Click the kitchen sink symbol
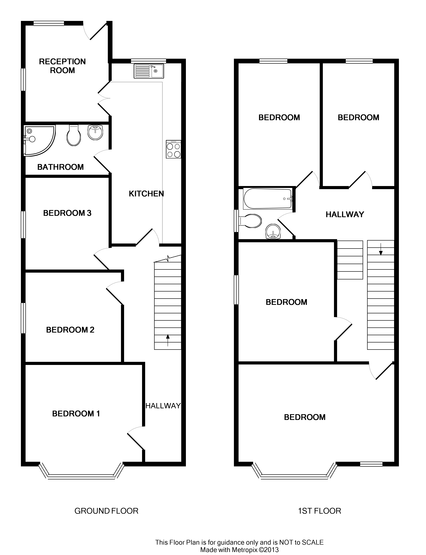(x=149, y=71)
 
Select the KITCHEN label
(x=146, y=194)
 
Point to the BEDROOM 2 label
(x=70, y=330)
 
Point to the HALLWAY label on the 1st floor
(x=345, y=215)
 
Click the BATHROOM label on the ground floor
(x=60, y=167)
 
